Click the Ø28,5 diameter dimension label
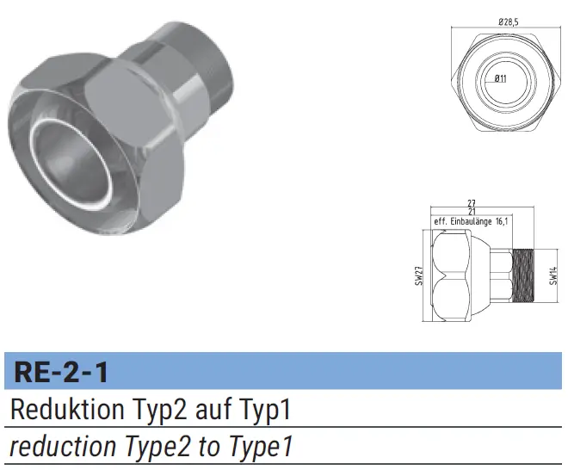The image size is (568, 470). pyautogui.click(x=509, y=22)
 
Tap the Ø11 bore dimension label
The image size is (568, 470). pyautogui.click(x=501, y=78)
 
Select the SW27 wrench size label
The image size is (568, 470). pyautogui.click(x=419, y=275)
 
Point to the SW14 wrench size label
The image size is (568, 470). pyautogui.click(x=553, y=275)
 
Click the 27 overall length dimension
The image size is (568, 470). pyautogui.click(x=472, y=203)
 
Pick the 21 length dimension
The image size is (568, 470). pyautogui.click(x=472, y=211)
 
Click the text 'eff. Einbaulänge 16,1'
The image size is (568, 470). pyautogui.click(x=471, y=221)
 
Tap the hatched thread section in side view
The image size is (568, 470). pyautogui.click(x=524, y=275)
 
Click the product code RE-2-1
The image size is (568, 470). pyautogui.click(x=61, y=373)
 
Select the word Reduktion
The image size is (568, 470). pyautogui.click(x=68, y=409)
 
